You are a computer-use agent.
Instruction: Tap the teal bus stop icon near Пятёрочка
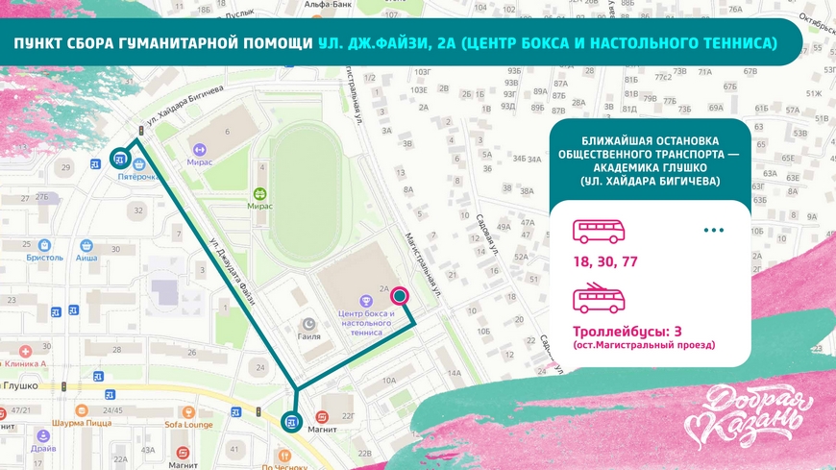[x=120, y=157]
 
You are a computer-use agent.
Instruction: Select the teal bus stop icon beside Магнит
[x=291, y=421]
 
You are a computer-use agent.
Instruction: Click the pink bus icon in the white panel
[x=600, y=232]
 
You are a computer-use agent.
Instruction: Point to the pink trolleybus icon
[x=600, y=299]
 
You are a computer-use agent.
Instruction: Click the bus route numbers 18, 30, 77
[x=605, y=260]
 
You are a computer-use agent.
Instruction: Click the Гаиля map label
[x=309, y=337]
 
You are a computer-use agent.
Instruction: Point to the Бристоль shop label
[x=44, y=259]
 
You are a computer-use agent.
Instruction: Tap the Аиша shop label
[x=87, y=259]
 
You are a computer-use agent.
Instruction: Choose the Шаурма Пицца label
[x=83, y=422]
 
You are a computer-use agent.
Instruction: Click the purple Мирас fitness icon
[x=200, y=150]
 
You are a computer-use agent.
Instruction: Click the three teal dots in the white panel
[x=713, y=231]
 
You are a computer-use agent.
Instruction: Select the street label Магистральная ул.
[x=421, y=260]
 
